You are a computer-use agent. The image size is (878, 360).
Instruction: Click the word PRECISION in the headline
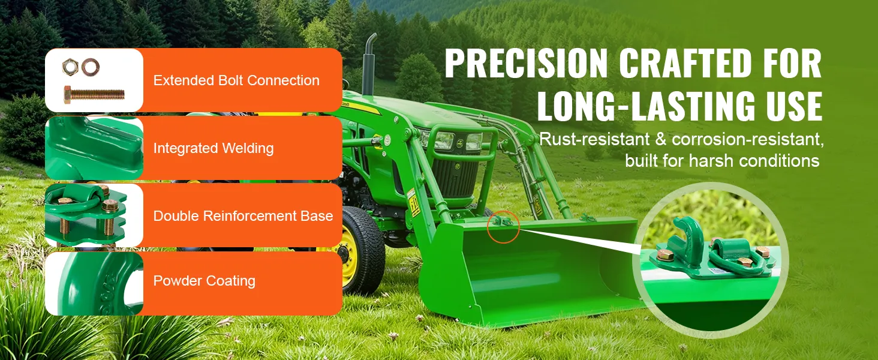pyautogui.click(x=527, y=64)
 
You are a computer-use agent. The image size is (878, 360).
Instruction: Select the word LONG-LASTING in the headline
pyautogui.click(x=645, y=106)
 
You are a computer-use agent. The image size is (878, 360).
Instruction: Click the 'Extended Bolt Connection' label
pyautogui.click(x=236, y=80)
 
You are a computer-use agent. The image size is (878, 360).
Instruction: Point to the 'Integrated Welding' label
pyautogui.click(x=214, y=148)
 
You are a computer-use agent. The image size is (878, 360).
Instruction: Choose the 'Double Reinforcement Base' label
pyautogui.click(x=243, y=215)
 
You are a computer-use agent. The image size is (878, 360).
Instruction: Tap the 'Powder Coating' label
pyautogui.click(x=205, y=281)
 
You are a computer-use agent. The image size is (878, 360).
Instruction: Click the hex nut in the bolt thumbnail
pyautogui.click(x=70, y=67)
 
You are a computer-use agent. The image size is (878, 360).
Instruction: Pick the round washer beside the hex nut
pyautogui.click(x=90, y=67)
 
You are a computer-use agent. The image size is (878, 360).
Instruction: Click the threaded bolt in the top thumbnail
pyautogui.click(x=94, y=95)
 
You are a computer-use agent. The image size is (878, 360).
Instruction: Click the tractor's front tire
pyautogui.click(x=359, y=251)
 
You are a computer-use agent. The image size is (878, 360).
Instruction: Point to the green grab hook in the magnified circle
pyautogui.click(x=685, y=237)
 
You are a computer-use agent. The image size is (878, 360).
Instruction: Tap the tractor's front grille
pyautogui.click(x=455, y=177)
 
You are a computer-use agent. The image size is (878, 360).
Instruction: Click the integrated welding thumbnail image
pyautogui.click(x=94, y=148)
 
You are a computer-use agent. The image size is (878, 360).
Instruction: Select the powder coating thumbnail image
pyautogui.click(x=94, y=284)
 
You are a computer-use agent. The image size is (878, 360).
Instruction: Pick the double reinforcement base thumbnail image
pyautogui.click(x=94, y=215)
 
